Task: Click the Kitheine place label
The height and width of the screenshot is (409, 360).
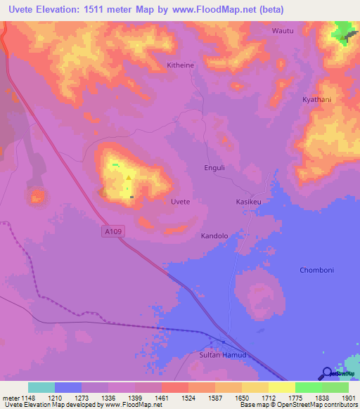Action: point(180,65)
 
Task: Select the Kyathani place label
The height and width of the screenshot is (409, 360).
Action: point(316,100)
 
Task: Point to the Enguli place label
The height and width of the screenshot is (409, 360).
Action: point(214,168)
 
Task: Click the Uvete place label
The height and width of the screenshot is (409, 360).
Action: point(181,202)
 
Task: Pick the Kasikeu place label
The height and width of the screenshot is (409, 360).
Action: point(247,202)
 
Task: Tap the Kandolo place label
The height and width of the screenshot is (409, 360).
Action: point(214,236)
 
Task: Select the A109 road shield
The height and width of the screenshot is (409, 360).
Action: point(110,231)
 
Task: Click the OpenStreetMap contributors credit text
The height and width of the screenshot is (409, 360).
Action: point(319,405)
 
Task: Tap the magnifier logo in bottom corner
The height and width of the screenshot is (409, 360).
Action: point(326,373)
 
